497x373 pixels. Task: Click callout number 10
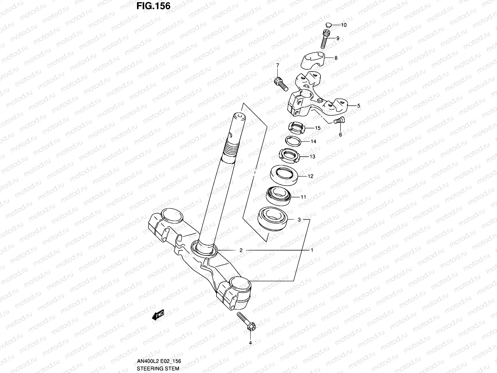click(x=344, y=25)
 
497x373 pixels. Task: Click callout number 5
click(x=358, y=106)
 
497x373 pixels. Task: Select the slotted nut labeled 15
click(x=297, y=128)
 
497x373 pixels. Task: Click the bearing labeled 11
click(x=278, y=196)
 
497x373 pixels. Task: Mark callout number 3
click(x=299, y=219)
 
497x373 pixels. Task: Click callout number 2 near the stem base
click(x=241, y=250)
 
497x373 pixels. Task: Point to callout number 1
click(x=312, y=250)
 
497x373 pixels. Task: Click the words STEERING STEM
click(x=158, y=368)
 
